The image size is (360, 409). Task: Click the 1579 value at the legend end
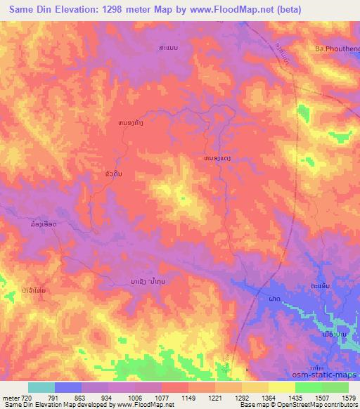click(347, 397)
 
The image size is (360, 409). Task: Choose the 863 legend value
click(94, 397)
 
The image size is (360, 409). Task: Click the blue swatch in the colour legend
click(68, 387)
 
